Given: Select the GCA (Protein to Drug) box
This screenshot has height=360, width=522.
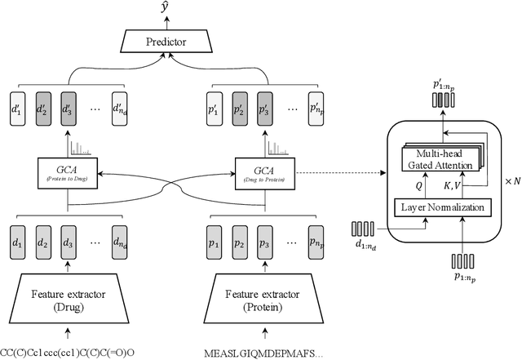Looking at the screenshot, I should tap(67, 173).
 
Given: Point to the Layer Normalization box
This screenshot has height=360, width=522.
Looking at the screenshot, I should tap(444, 207).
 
